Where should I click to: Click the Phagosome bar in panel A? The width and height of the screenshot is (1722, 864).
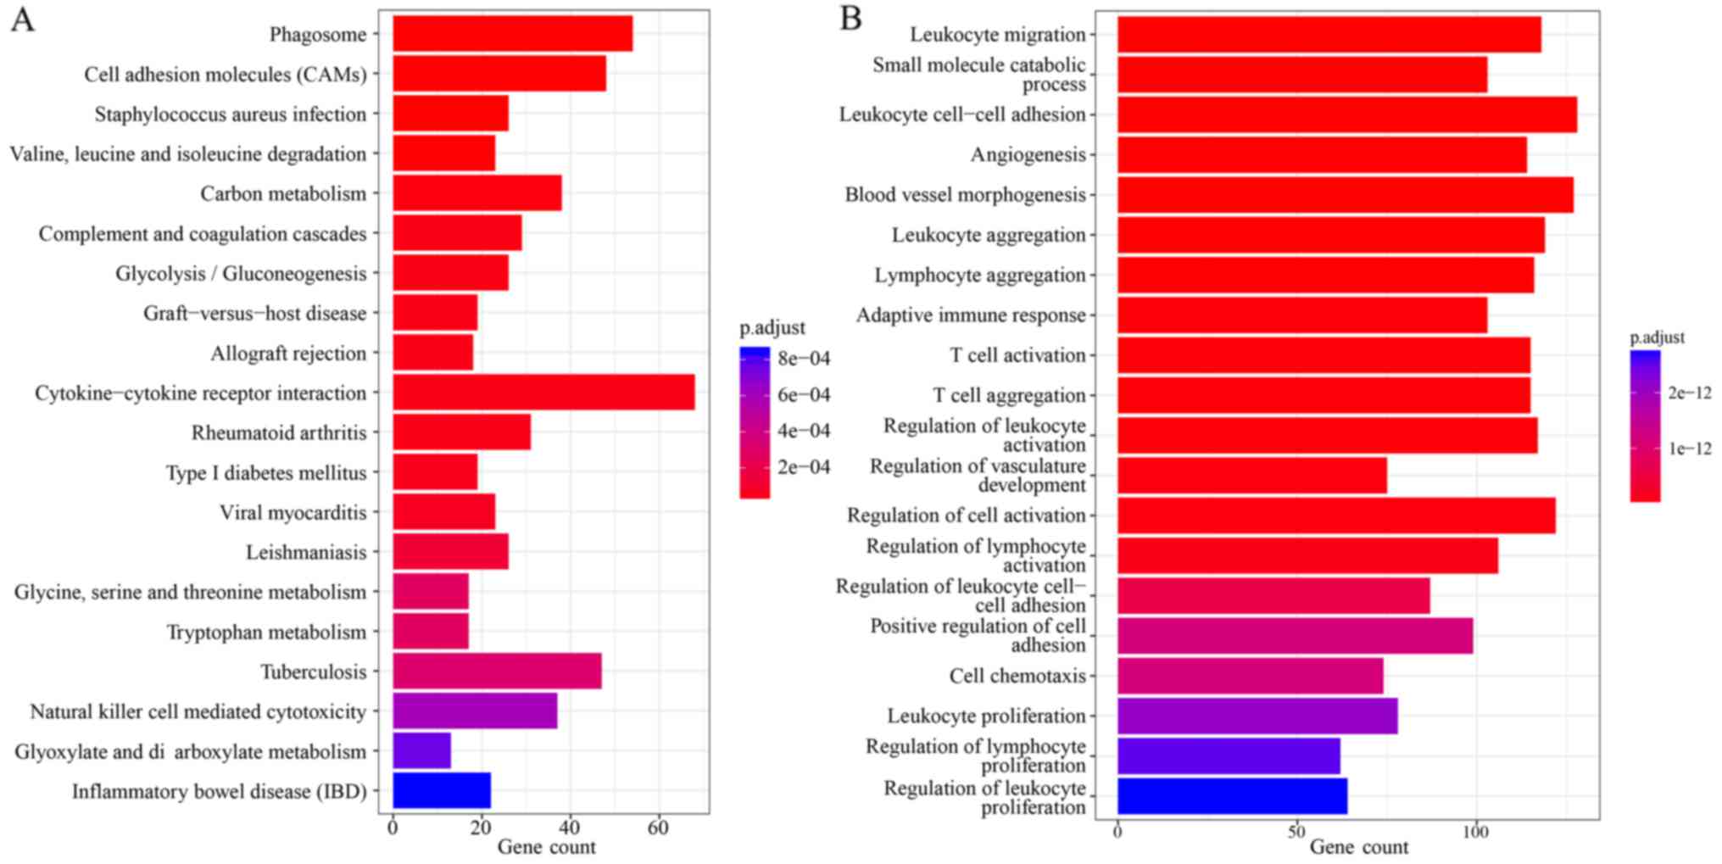[x=512, y=34]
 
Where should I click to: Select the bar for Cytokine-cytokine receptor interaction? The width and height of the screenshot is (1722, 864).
[x=543, y=393]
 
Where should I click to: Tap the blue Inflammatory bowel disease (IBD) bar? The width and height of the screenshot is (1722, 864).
[x=442, y=790]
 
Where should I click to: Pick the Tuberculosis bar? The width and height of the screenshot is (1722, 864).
[x=497, y=672]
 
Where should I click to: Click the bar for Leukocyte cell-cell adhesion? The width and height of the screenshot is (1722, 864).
[x=1346, y=114]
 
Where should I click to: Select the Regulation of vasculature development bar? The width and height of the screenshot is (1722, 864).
[x=1251, y=476]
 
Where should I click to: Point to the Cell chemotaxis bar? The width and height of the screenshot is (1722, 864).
[x=1250, y=676]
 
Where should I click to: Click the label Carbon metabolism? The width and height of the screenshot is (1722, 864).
[x=283, y=194]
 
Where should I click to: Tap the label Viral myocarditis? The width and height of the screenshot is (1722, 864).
[x=293, y=513]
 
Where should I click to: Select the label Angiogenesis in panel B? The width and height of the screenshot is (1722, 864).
[x=1028, y=155]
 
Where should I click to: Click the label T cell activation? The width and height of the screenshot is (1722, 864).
[x=1017, y=355]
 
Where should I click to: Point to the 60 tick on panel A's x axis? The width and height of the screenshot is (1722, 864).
[x=658, y=828]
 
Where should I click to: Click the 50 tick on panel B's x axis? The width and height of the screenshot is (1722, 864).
[x=1296, y=832]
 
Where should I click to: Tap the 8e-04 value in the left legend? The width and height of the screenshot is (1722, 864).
[x=804, y=359]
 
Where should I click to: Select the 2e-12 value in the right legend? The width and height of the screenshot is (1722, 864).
[x=1690, y=393]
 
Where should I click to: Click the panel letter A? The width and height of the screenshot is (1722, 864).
[x=23, y=20]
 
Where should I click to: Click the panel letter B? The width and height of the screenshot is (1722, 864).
[x=850, y=18]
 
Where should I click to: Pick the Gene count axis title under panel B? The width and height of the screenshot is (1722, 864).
[x=1358, y=847]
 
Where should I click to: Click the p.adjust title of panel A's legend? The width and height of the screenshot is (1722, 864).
[x=772, y=328]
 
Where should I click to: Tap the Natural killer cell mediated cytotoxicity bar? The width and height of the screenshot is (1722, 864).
[x=475, y=711]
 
